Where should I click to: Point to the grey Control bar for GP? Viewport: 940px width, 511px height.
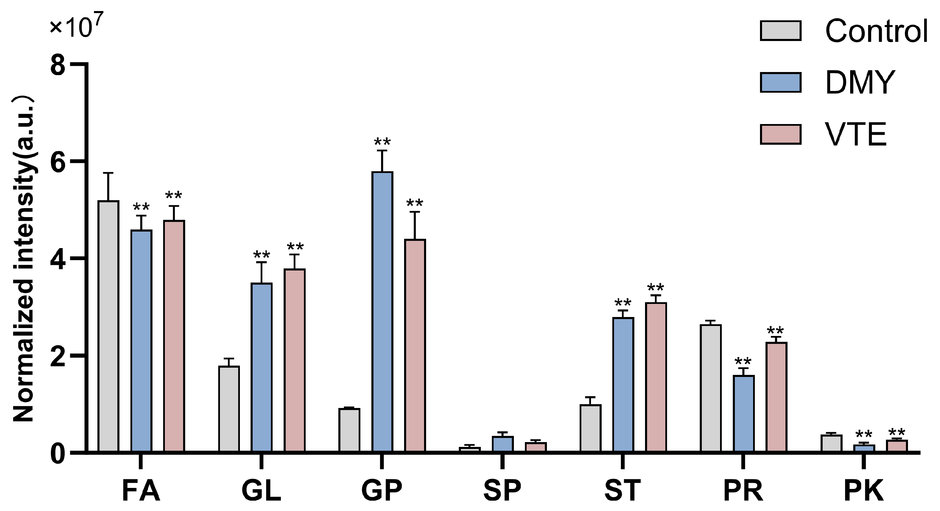[x=349, y=430]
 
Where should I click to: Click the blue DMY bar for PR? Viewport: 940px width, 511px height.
[x=743, y=413]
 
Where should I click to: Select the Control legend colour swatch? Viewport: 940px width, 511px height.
[x=781, y=31]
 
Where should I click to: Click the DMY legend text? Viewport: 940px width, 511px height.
[x=859, y=83]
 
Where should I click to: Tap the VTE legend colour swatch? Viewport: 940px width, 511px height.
[x=781, y=134]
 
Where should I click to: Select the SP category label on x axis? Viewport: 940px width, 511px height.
[x=502, y=491]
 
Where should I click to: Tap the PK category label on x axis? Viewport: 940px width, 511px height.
[x=863, y=491]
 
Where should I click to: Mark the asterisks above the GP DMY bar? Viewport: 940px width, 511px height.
[x=382, y=142]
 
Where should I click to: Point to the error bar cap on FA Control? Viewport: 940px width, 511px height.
[x=108, y=173]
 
